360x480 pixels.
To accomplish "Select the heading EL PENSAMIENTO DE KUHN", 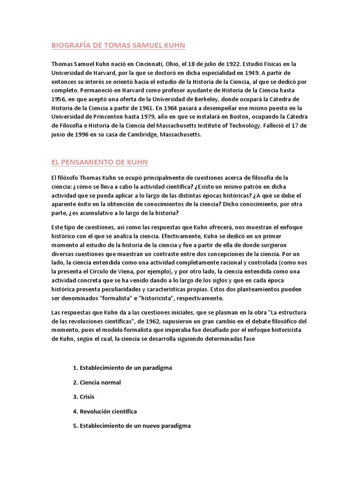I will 99,162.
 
